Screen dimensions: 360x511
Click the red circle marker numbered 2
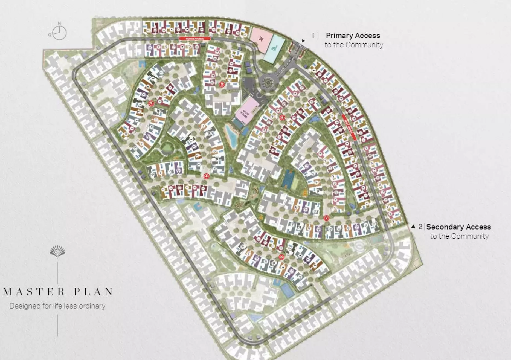(222, 85)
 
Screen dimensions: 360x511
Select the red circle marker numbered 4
(207, 176)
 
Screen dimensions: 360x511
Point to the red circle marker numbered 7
(326, 218)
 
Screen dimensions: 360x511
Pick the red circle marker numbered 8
(283, 118)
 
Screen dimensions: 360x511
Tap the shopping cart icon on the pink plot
(261, 39)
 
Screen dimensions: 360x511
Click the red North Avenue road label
(195, 39)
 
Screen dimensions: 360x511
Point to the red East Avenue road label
(349, 127)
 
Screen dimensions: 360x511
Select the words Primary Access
(353, 36)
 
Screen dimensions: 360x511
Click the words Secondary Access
(458, 227)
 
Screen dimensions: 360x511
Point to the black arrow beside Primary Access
(303, 41)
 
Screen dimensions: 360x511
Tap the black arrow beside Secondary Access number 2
(413, 227)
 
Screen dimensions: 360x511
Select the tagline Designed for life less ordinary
(57, 306)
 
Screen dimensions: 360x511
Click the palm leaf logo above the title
(57, 251)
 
